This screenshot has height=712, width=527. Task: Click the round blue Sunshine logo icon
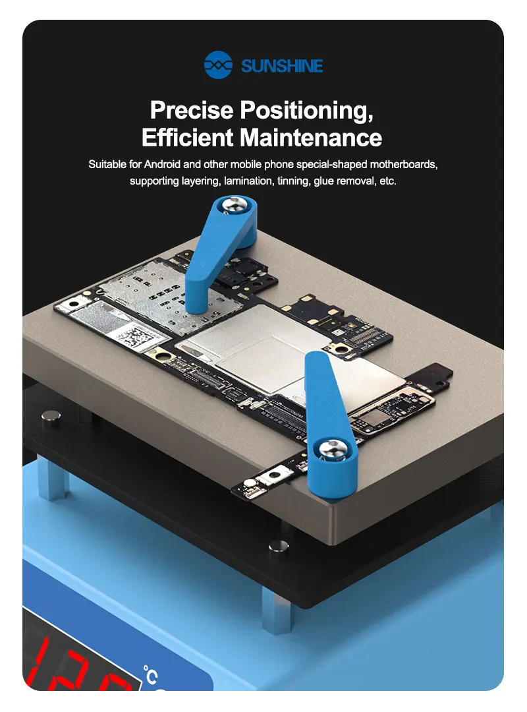tap(218, 65)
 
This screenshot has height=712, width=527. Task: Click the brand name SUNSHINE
tap(282, 67)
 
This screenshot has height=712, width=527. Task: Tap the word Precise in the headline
tap(192, 109)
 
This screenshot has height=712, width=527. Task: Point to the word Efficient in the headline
tap(188, 137)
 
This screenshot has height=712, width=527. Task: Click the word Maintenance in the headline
tap(311, 137)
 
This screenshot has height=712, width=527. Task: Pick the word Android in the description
tap(162, 164)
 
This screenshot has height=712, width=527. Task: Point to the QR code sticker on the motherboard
tap(136, 338)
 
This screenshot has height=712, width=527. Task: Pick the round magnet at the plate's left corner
tap(51, 418)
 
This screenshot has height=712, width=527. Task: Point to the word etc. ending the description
tap(388, 181)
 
